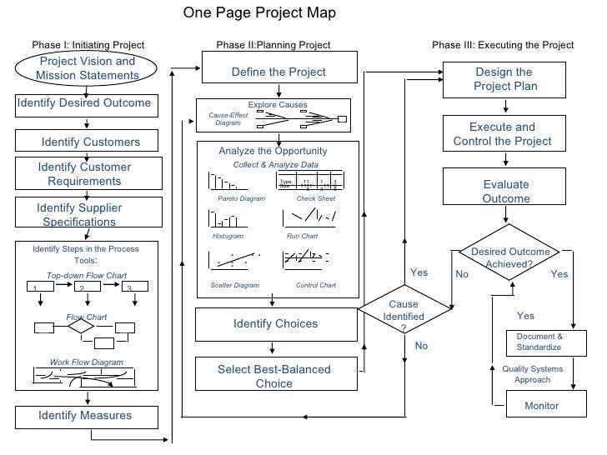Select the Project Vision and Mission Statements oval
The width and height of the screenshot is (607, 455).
[87, 68]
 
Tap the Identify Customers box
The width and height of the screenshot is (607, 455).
[87, 142]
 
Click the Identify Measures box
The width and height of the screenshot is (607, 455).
[86, 415]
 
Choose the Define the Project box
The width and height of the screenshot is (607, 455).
[278, 72]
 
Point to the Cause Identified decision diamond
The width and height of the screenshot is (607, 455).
[404, 316]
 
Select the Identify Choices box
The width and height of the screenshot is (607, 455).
[275, 323]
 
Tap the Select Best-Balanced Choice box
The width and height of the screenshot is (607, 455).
[275, 377]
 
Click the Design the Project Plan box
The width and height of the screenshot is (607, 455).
[505, 79]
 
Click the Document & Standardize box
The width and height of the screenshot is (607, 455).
[539, 342]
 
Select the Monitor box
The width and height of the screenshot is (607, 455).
[541, 406]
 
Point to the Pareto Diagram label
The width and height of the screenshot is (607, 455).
[241, 199]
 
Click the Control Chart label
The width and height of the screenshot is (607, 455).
[316, 285]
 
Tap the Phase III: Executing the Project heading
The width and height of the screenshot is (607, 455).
[503, 44]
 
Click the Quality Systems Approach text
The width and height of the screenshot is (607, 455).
[532, 374]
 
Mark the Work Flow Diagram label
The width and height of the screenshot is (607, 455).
[87, 362]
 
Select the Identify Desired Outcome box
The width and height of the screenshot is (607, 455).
[84, 104]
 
